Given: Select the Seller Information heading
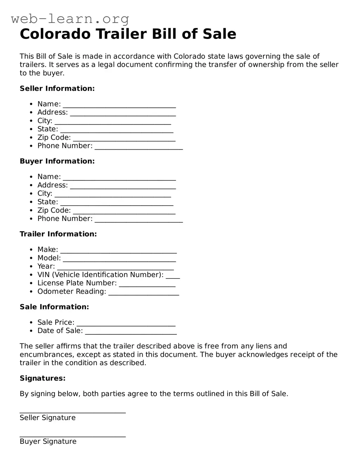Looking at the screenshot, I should pyautogui.click(x=57, y=88).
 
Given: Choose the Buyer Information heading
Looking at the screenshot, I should pyautogui.click(x=57, y=161).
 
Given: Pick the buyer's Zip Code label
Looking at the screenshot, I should pyautogui.click(x=54, y=210).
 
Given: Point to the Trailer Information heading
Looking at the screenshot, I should pyautogui.click(x=58, y=234).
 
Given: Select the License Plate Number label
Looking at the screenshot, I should pyautogui.click(x=77, y=283).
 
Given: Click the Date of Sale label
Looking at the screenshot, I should pyautogui.click(x=60, y=331).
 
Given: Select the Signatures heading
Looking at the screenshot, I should pyautogui.click(x=42, y=378).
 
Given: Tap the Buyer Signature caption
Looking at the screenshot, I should pyautogui.click(x=48, y=441).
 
